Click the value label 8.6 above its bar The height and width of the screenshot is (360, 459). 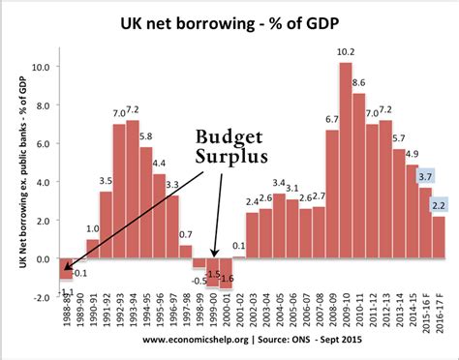click(359, 83)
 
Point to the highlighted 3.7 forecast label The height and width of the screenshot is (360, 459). click(425, 176)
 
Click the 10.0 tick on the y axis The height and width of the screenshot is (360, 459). click(40, 68)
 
